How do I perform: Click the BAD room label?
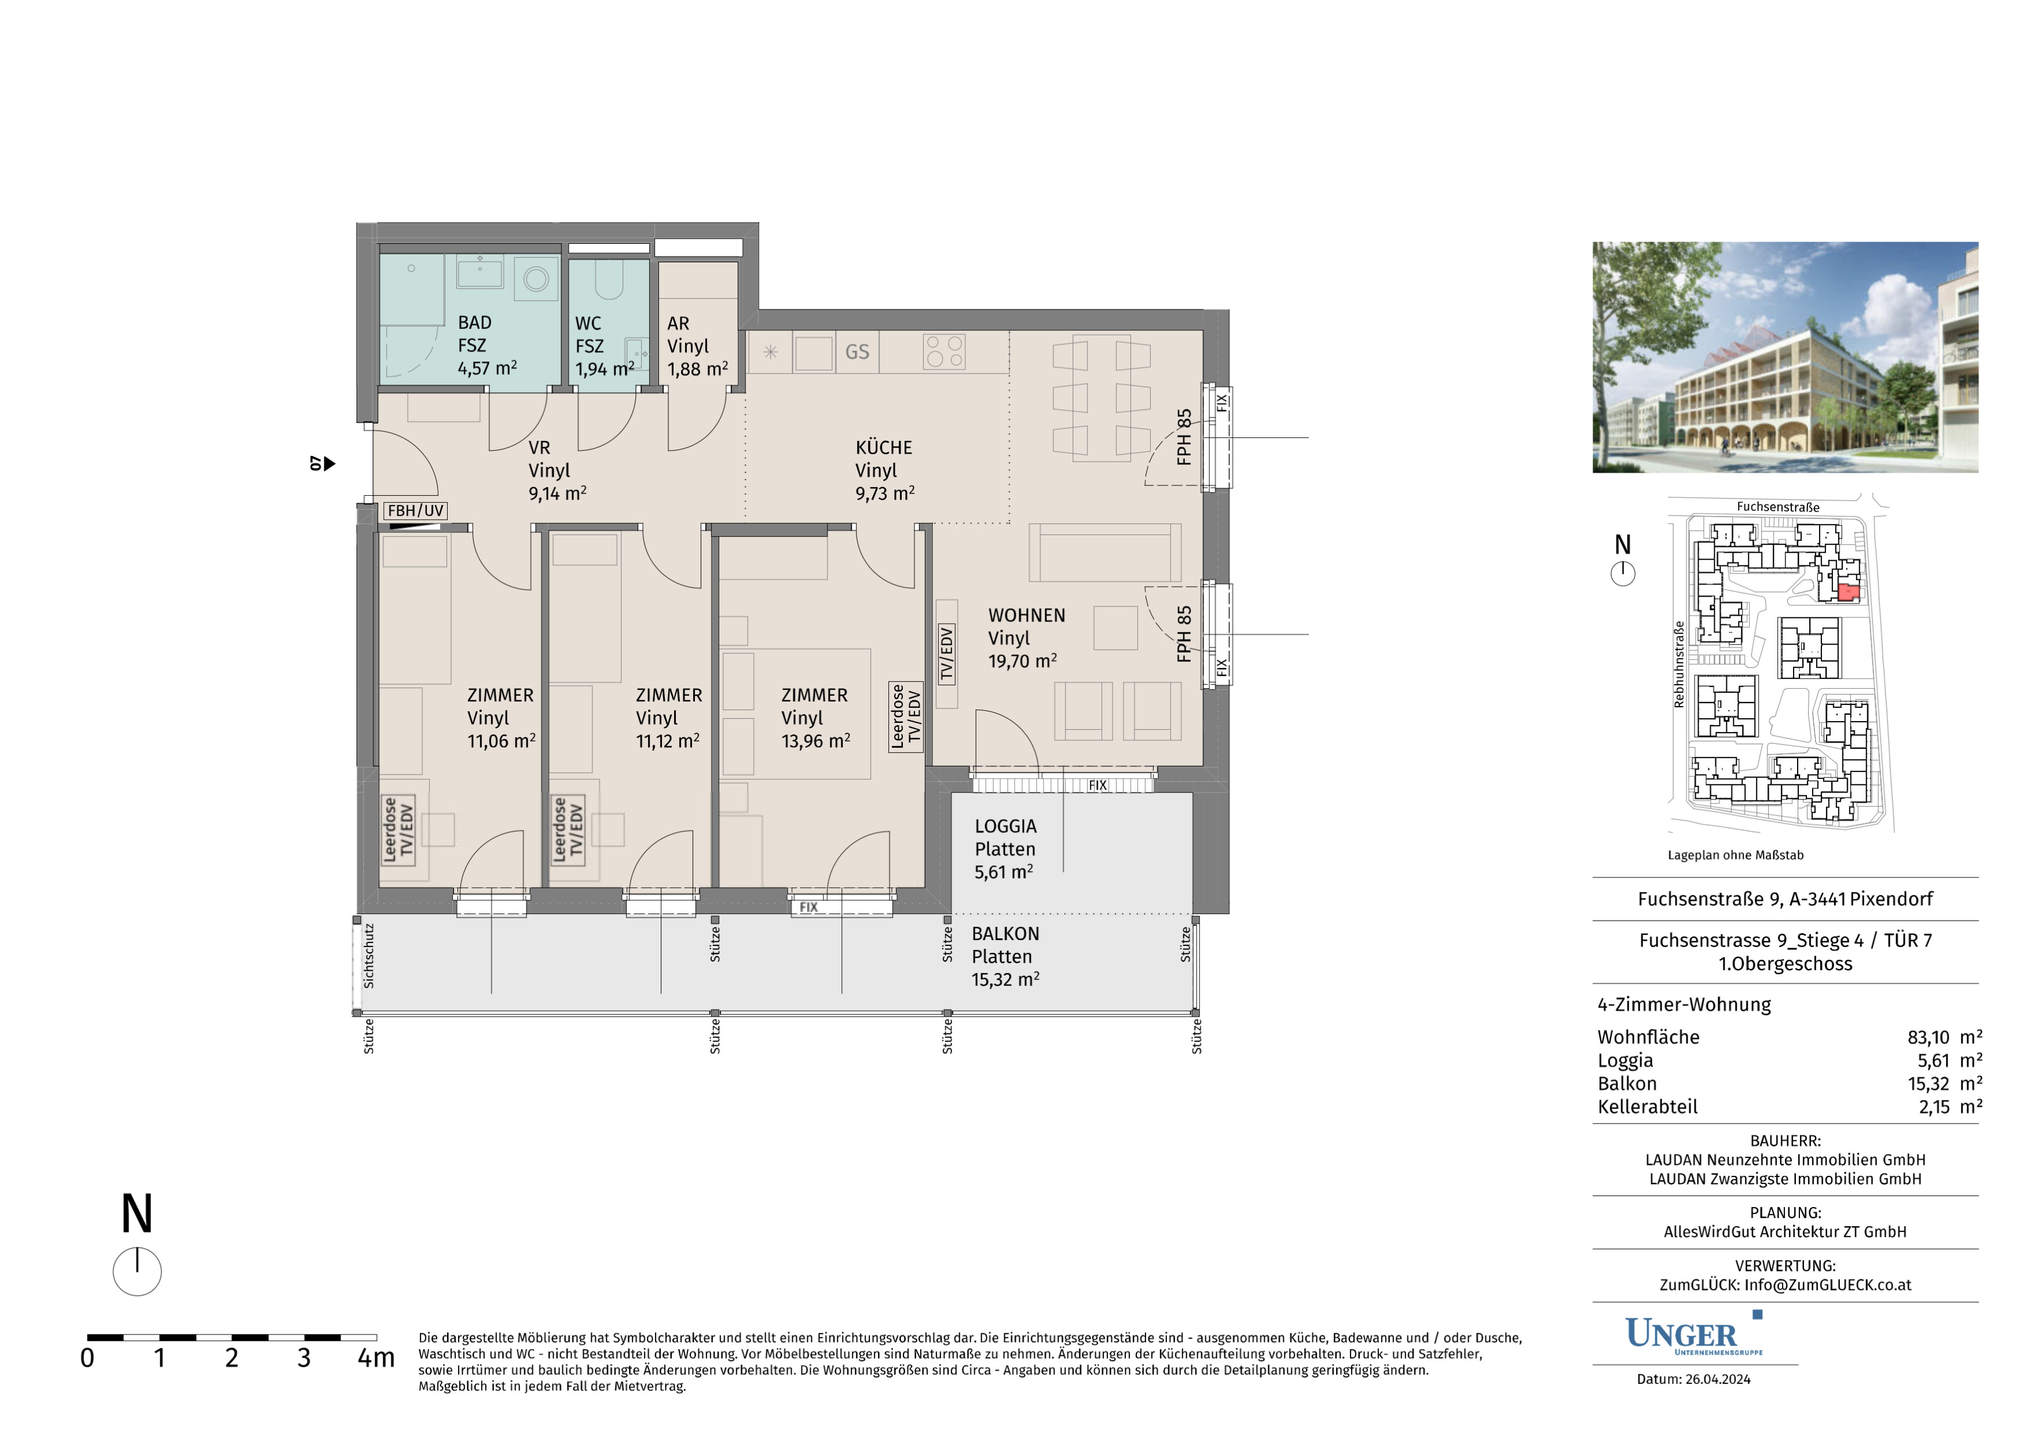click(475, 323)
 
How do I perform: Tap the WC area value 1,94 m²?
click(605, 369)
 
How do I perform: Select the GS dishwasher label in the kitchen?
click(857, 352)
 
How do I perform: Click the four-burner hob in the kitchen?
click(944, 352)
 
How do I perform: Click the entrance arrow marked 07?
click(323, 463)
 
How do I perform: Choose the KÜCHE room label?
click(884, 448)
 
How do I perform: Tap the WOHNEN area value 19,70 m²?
click(1022, 660)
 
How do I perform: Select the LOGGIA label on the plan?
click(1005, 827)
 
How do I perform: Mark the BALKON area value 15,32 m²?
click(1005, 979)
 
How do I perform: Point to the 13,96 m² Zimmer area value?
click(816, 741)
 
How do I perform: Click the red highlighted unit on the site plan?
click(1849, 591)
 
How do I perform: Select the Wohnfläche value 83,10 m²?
click(1945, 1037)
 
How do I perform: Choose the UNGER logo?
click(1693, 1334)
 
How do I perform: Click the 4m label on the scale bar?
click(376, 1358)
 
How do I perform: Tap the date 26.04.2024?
click(1718, 1379)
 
